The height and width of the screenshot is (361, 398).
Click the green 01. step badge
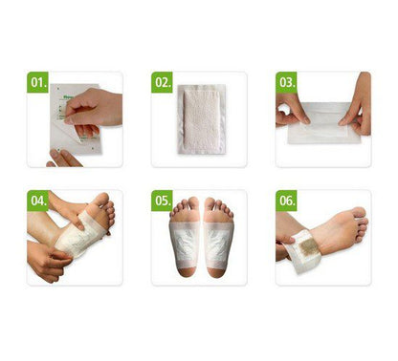click(x=38, y=82)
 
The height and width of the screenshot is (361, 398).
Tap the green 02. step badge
click(x=162, y=82)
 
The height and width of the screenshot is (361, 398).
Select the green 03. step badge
click(x=286, y=82)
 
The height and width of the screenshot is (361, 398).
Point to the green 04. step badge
click(x=38, y=201)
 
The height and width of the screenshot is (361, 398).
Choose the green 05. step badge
click(x=162, y=201)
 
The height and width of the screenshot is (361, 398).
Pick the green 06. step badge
click(x=286, y=201)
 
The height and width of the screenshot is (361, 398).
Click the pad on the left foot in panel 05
click(x=185, y=245)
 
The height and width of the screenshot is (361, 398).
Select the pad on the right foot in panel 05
click(x=218, y=245)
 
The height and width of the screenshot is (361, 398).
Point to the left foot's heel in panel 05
click(x=188, y=272)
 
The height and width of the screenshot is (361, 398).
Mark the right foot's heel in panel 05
click(x=216, y=272)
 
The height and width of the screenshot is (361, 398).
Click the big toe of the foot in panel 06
click(x=360, y=212)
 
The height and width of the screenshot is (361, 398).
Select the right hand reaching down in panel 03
click(x=357, y=105)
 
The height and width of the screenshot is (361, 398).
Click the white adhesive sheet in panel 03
click(x=323, y=123)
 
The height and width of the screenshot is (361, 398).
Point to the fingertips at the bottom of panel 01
click(x=64, y=159)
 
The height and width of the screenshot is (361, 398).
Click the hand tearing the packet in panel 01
click(x=94, y=108)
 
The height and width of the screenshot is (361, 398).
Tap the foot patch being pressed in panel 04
click(x=81, y=234)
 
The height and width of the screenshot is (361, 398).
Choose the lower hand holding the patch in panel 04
click(x=48, y=261)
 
